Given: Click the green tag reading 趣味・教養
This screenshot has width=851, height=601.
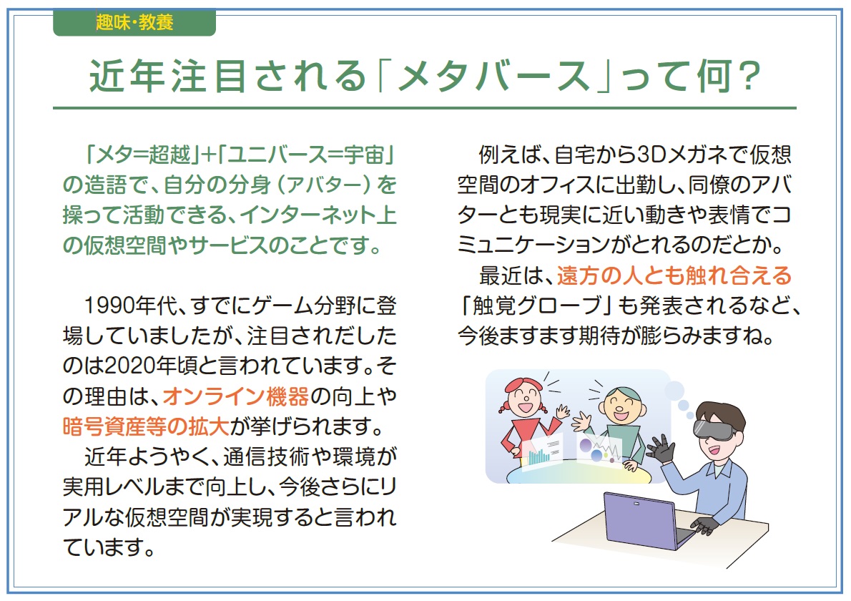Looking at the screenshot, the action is pos(134,23).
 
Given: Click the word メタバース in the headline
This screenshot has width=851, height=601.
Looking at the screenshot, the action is pos(494,76).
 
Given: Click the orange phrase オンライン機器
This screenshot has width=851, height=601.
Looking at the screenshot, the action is pos(235,397).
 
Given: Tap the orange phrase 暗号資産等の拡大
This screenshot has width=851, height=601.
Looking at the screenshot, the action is pos(145,426).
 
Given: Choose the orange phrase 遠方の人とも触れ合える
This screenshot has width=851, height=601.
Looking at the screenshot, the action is pos(674,275).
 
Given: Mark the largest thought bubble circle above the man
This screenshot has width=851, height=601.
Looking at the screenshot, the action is pos(674,390).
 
